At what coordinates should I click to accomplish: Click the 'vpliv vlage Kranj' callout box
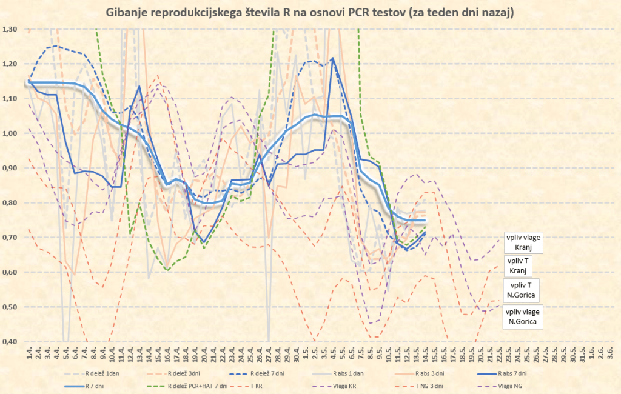click(x=522, y=242)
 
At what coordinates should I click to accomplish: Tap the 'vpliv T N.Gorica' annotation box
click(x=522, y=290)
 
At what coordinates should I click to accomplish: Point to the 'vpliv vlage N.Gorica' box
click(x=522, y=316)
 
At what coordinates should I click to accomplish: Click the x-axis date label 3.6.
click(x=609, y=352)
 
